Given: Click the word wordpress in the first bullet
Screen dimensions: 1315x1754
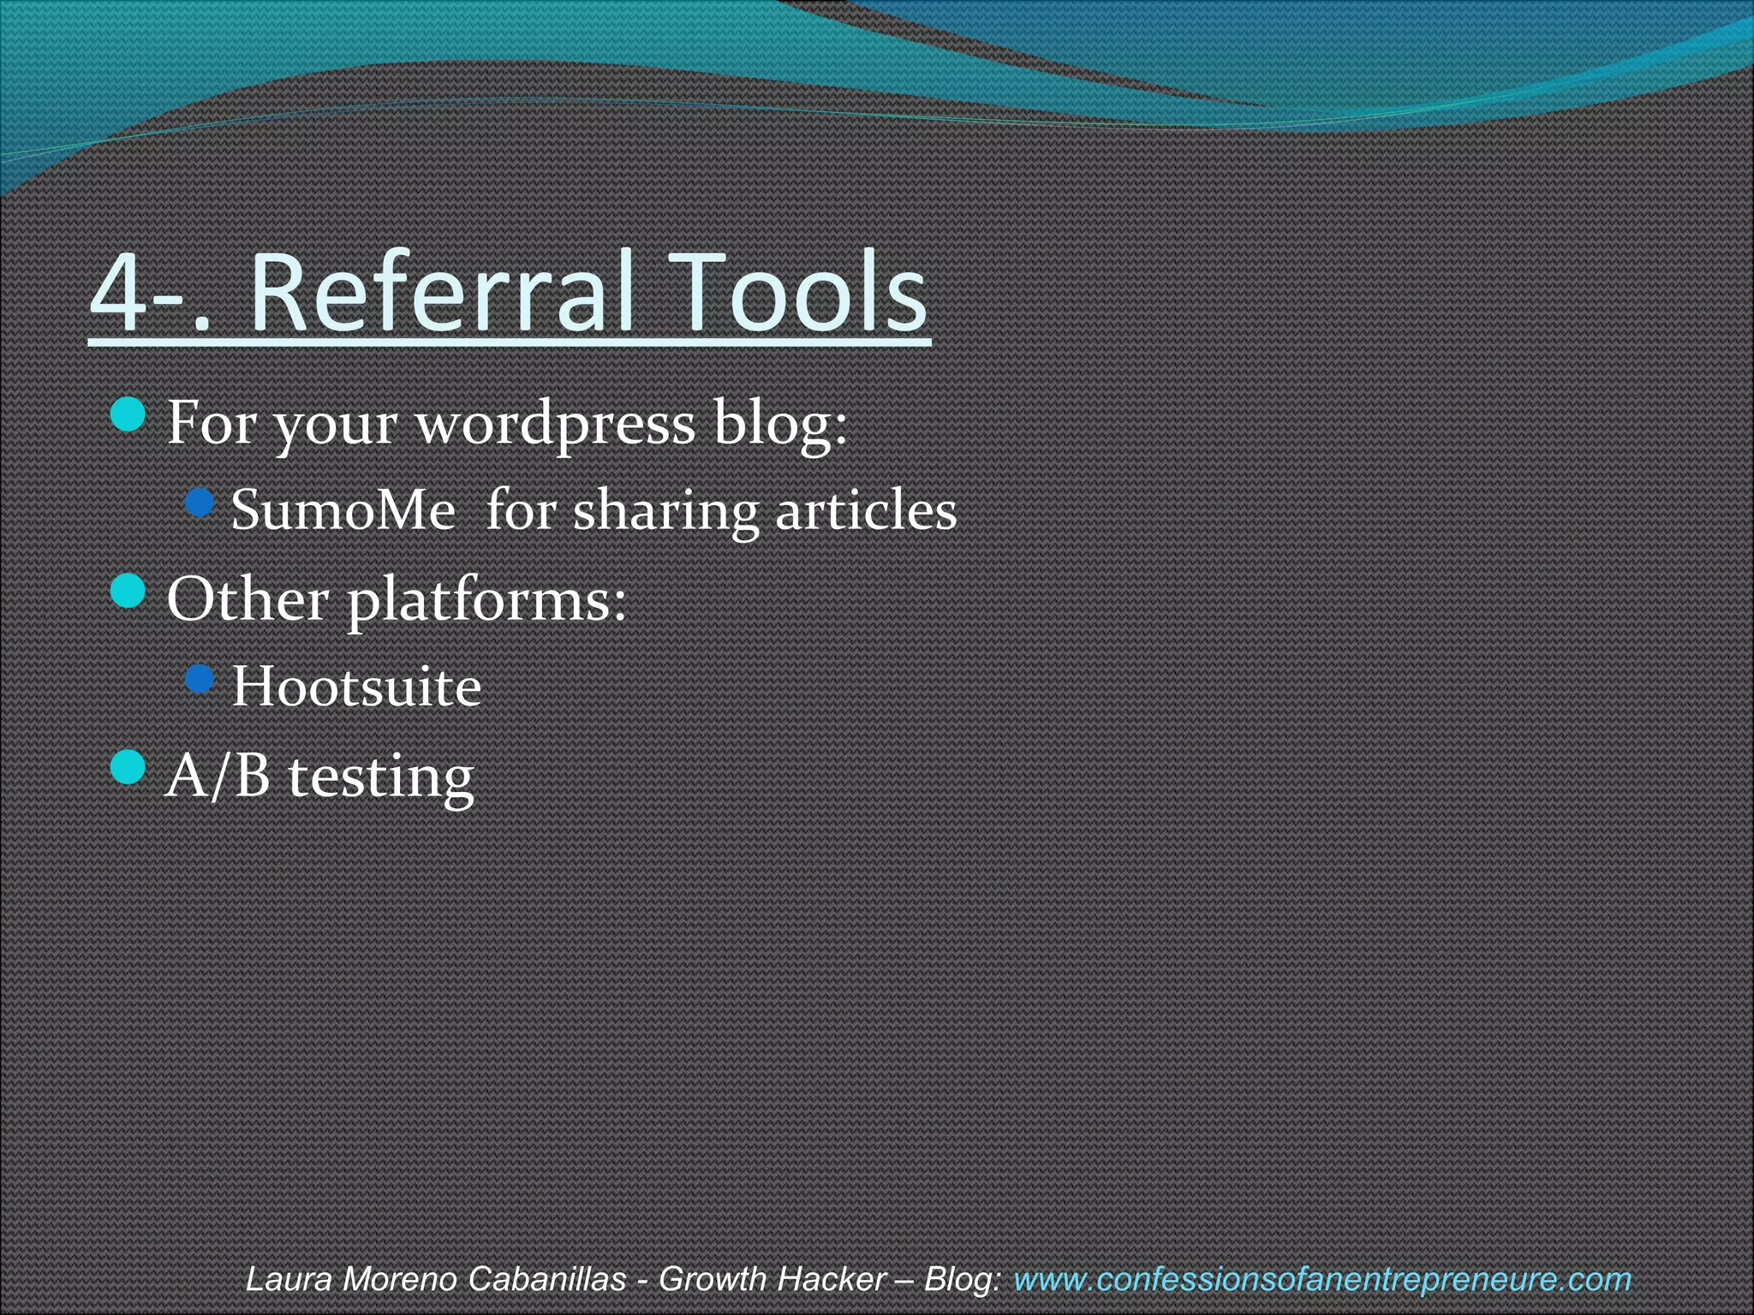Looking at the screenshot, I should [556, 425].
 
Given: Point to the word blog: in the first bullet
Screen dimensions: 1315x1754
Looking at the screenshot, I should [780, 425].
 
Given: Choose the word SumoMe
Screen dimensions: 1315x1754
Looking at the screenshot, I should [343, 511].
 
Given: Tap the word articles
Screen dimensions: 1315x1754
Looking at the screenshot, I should [866, 511].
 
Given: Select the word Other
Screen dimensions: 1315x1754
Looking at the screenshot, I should [248, 598].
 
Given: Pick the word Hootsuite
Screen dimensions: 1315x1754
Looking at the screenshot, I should [356, 687].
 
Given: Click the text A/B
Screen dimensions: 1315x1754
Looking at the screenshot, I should [218, 776].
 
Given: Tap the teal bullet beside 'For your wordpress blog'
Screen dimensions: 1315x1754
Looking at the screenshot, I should [128, 415].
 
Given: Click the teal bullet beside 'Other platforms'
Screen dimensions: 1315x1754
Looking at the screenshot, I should [128, 592].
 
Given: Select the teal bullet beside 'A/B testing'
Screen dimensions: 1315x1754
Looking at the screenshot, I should [128, 767].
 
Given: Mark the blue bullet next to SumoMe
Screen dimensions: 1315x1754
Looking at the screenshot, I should [200, 503].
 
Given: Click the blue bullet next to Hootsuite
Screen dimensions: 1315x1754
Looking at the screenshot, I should [200, 680].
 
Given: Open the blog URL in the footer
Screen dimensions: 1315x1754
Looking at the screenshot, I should [1321, 1279].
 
